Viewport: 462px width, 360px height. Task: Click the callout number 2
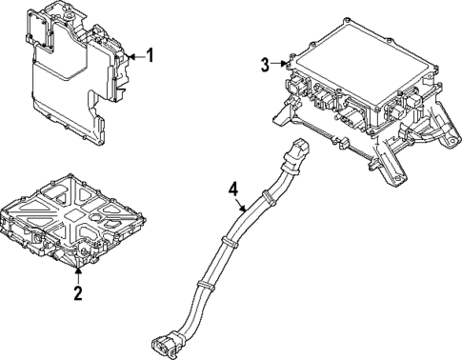(79, 291)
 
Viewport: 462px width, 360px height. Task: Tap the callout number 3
(265, 65)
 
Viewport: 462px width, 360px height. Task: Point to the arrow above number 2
(79, 275)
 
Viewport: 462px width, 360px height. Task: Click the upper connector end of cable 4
(301, 148)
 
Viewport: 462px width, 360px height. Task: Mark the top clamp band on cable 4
(270, 200)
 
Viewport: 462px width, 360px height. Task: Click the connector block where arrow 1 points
(123, 59)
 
